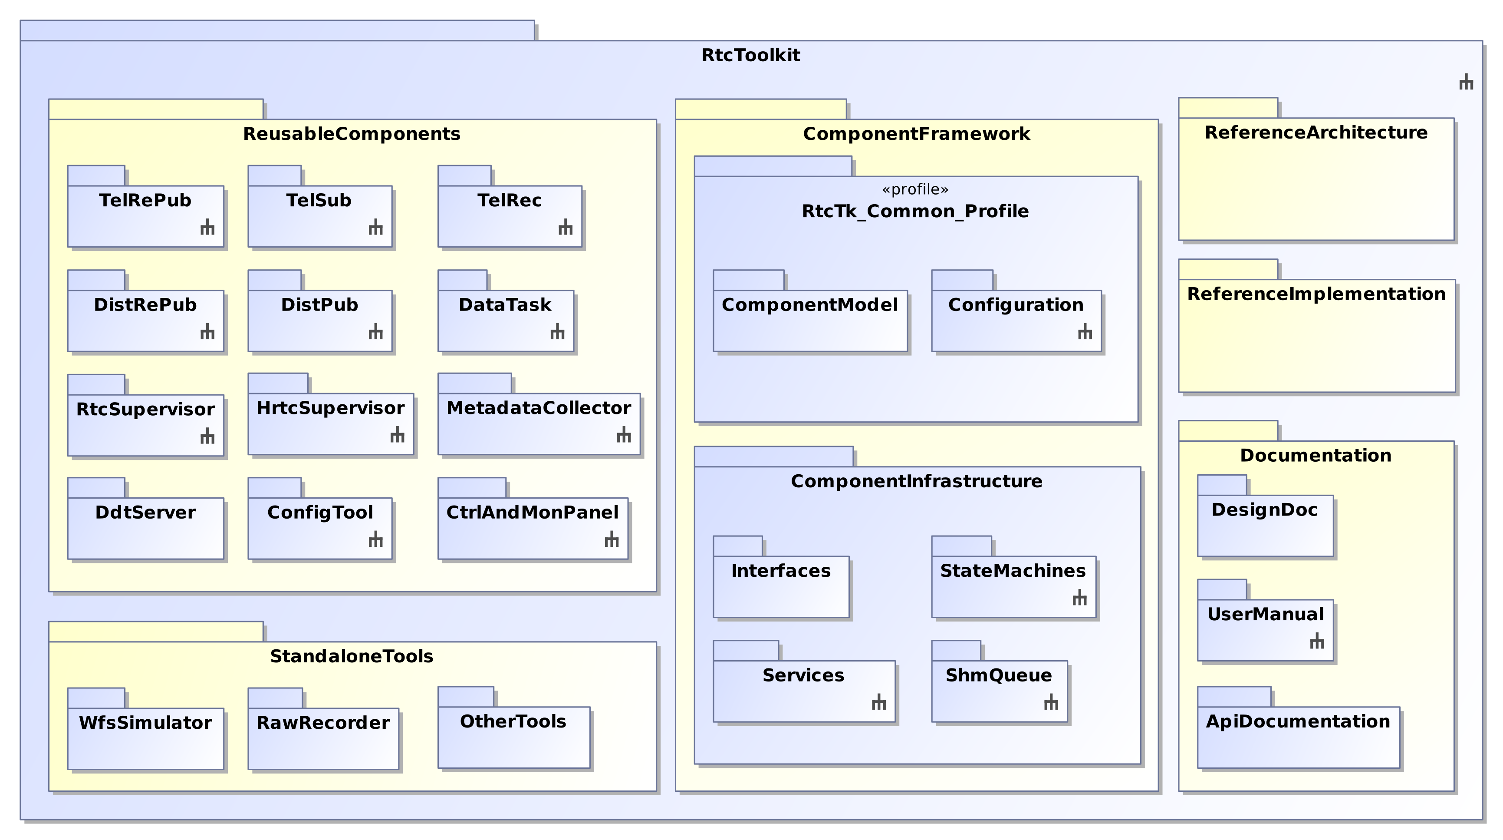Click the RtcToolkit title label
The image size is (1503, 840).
750,56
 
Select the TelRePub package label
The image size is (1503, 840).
145,201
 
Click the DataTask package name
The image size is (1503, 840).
505,305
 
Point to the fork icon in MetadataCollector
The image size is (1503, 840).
624,435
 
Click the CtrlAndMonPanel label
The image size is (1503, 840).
532,513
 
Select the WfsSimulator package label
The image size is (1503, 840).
145,723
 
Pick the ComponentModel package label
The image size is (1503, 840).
810,305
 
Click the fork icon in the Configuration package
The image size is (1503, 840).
1085,332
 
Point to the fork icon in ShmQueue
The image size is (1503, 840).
1051,702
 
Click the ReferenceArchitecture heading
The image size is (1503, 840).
1316,133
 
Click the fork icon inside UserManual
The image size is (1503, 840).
1317,642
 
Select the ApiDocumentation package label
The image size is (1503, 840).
1298,721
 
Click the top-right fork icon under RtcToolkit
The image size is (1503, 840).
1466,83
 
